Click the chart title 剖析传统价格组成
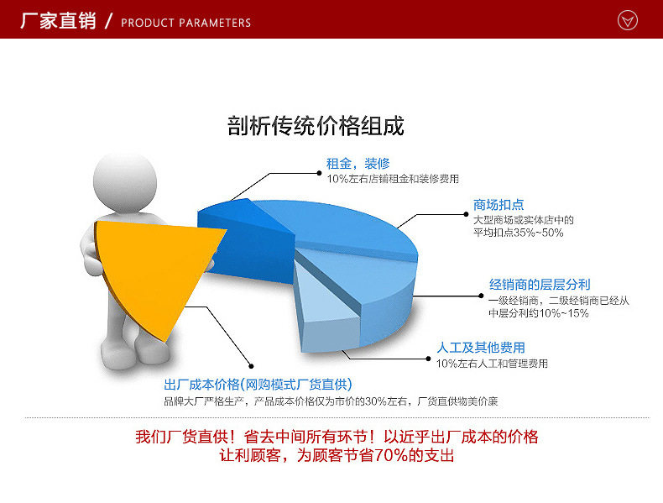[316, 126]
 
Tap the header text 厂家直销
[59, 21]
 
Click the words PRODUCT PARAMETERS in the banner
[185, 23]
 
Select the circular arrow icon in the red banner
[627, 20]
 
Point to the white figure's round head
[125, 183]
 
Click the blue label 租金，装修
[358, 163]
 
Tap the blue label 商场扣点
[499, 205]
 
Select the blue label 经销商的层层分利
[540, 285]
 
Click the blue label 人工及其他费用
[481, 348]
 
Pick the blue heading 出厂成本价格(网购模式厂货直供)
[258, 385]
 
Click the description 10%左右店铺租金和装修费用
[393, 179]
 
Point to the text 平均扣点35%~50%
[518, 233]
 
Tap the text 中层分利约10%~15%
[539, 313]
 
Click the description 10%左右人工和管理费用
[492, 364]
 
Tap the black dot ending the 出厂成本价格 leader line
[251, 366]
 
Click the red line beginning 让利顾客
[337, 456]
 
